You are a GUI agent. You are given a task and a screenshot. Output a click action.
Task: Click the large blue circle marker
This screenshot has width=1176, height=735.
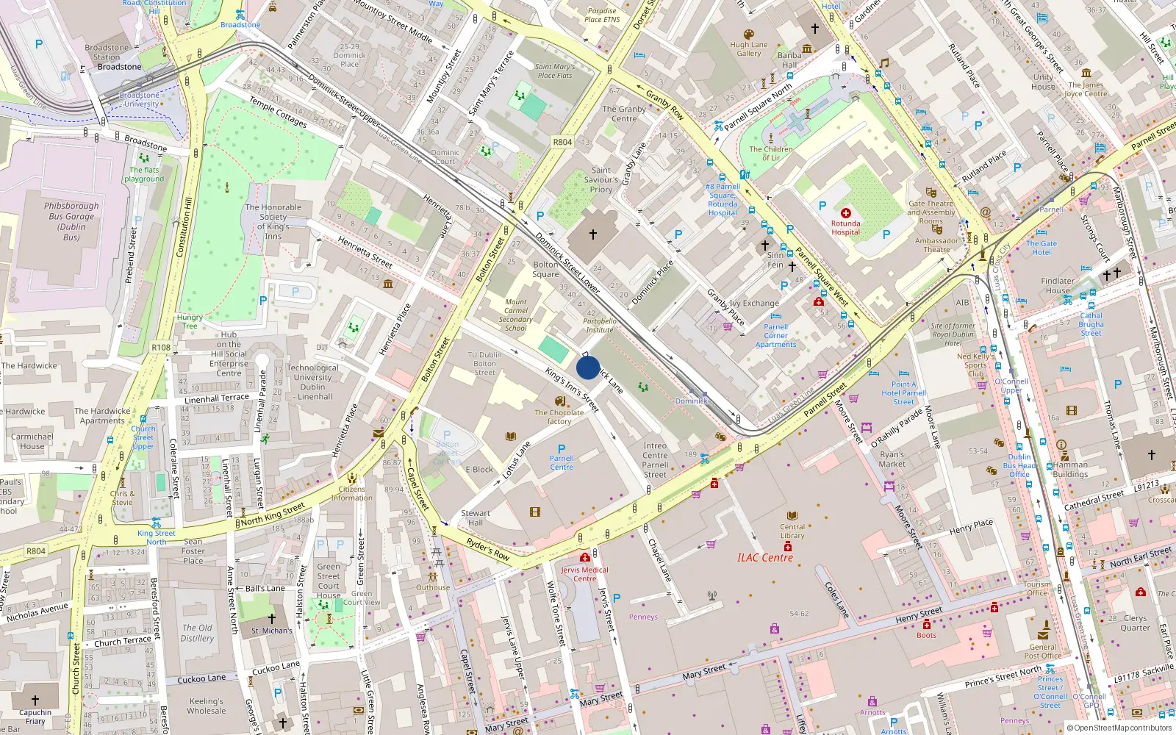coord(588,367)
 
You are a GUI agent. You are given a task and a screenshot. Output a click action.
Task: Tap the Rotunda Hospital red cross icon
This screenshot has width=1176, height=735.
coord(845,213)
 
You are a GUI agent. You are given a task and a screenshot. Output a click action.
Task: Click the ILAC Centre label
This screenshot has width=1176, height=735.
coord(764,558)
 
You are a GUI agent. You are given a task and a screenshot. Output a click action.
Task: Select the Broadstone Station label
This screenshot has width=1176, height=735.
coord(107,52)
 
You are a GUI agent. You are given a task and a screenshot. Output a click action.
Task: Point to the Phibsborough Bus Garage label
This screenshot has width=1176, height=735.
coord(71,221)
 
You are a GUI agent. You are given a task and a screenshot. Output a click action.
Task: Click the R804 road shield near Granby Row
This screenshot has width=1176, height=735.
coord(562,142)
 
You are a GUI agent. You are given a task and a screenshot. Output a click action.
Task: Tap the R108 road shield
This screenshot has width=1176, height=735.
coord(161,347)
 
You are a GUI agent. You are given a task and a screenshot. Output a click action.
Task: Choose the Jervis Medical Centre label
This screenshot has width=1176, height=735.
coord(585,574)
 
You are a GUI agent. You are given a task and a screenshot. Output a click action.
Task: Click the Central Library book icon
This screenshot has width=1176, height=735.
coord(792,516)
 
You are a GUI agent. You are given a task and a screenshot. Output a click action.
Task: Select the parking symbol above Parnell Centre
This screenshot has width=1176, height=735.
coord(562,448)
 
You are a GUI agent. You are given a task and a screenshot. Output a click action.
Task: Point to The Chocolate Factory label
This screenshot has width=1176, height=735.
coord(559,417)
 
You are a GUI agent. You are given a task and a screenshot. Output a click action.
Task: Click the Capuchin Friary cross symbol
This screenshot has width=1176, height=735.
coord(35,700)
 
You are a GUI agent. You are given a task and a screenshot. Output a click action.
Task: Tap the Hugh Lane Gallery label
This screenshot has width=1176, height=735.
coord(749,49)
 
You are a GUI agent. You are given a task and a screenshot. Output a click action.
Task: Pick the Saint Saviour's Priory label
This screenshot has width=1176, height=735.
coord(601,179)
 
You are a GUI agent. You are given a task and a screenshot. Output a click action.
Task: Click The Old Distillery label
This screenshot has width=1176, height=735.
coord(197,633)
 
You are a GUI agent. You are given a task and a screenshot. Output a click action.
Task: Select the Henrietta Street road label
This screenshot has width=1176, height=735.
coord(365,251)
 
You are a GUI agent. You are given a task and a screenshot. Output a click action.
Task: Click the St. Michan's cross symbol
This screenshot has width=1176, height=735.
coord(272,619)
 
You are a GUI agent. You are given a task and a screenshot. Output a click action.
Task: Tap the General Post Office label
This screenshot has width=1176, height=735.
coord(1042,651)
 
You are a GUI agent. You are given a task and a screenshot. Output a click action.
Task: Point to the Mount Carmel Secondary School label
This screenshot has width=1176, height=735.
coord(516,315)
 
